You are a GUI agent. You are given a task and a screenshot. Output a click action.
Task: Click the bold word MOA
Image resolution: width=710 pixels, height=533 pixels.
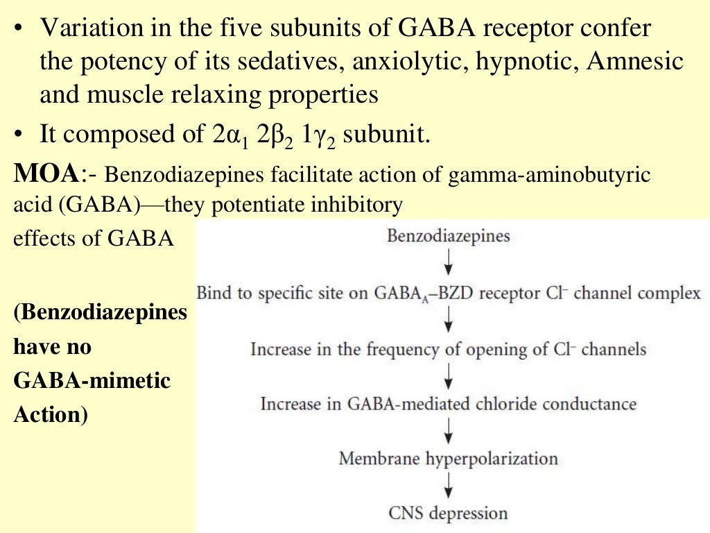pyautogui.click(x=46, y=173)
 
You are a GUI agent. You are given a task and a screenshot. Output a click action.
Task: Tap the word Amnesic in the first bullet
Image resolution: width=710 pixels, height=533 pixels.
pyautogui.click(x=635, y=61)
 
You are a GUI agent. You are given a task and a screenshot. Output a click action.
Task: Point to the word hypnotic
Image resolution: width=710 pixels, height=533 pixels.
pyautogui.click(x=527, y=62)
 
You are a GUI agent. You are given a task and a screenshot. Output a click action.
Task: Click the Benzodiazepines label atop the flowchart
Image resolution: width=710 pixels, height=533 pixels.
pyautogui.click(x=449, y=236)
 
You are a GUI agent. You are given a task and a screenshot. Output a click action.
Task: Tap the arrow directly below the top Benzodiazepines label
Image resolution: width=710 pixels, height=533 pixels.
pyautogui.click(x=449, y=262)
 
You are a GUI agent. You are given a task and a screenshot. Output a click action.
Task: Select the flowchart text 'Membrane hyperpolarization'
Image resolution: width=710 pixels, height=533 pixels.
pyautogui.click(x=449, y=459)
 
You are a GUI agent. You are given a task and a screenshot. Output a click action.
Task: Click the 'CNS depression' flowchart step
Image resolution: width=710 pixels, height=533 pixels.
pyautogui.click(x=449, y=514)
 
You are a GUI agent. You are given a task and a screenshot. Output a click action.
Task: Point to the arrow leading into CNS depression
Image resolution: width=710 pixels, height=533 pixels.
pyautogui.click(x=449, y=485)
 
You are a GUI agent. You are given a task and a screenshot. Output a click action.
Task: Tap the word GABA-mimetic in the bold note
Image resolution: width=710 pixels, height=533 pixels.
pyautogui.click(x=92, y=380)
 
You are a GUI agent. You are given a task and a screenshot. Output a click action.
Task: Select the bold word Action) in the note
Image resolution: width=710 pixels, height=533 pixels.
pyautogui.click(x=51, y=415)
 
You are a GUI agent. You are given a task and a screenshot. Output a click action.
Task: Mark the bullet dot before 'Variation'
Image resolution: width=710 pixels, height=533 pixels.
pyautogui.click(x=17, y=28)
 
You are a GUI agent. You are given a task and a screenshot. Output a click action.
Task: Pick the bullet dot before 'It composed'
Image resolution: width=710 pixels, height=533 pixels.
pyautogui.click(x=17, y=135)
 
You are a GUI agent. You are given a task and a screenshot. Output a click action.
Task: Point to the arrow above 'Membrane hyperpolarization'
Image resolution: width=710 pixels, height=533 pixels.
pyautogui.click(x=449, y=430)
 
